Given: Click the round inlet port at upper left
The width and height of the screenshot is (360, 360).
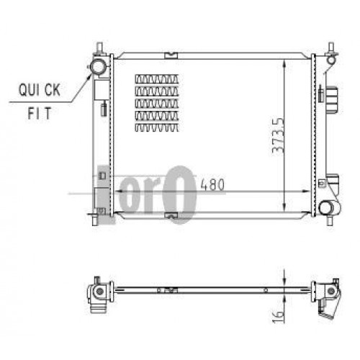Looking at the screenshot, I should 96,67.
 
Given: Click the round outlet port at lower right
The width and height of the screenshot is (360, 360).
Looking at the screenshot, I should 327,209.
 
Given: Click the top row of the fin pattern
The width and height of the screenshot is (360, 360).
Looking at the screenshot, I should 157,78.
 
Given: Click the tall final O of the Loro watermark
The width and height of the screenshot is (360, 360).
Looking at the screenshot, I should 184,193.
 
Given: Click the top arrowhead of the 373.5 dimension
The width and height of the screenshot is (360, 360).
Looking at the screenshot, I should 286,63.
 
